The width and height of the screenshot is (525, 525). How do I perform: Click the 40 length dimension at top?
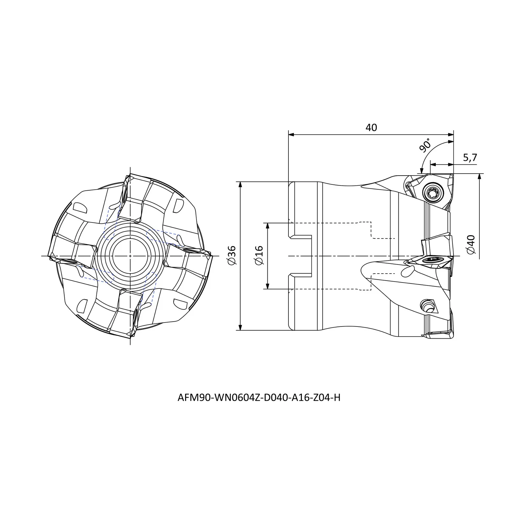[x=371, y=127]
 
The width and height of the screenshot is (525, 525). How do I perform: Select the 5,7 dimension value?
[x=470, y=158]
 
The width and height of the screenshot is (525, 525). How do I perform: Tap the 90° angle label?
[x=425, y=146]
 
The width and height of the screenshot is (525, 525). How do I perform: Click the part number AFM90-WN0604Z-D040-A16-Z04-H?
[x=259, y=398]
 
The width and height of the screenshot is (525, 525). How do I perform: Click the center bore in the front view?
[x=130, y=256]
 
